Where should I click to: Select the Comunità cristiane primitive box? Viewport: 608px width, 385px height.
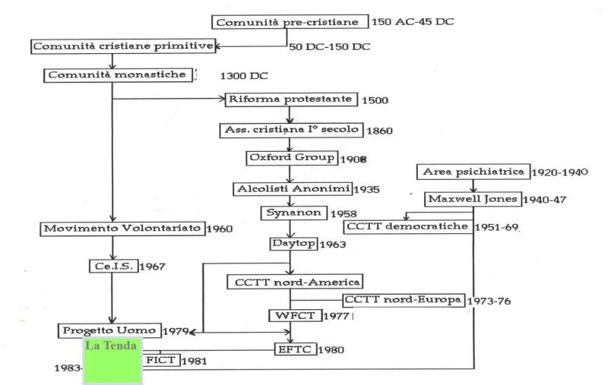[122, 47]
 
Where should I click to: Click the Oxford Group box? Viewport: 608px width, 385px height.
[291, 158]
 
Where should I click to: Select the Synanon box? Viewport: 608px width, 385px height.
[291, 214]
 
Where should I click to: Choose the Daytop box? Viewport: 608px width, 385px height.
[291, 245]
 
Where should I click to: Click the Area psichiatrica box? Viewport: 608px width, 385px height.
[473, 172]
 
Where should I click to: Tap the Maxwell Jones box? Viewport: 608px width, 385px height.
[472, 200]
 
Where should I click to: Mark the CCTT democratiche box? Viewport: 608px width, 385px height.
[406, 227]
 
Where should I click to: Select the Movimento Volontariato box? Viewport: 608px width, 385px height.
[116, 229]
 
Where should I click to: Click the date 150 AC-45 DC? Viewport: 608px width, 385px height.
[413, 22]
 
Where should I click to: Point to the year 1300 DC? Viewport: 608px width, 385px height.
[244, 76]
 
